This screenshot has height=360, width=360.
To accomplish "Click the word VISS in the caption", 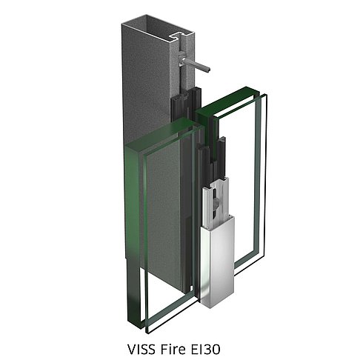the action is point(141,342).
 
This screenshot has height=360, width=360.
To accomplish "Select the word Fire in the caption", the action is point(173,342).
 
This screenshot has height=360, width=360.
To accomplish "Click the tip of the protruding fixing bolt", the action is point(208,69).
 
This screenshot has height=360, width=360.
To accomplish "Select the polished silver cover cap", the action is point(217,261).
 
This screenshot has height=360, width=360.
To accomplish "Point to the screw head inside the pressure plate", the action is point(216,203).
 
